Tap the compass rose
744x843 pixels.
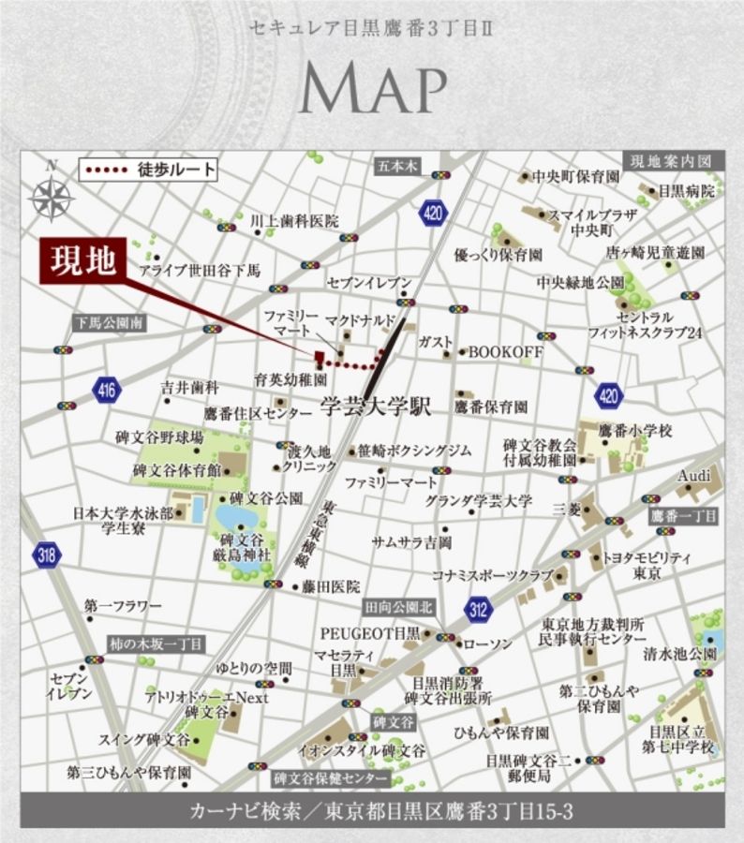point(52,198)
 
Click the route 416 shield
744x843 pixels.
point(106,390)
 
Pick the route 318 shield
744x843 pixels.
point(46,555)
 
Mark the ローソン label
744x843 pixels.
point(488,645)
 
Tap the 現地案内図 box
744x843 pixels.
point(672,161)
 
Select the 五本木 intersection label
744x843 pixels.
point(398,167)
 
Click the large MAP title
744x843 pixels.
point(372,91)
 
